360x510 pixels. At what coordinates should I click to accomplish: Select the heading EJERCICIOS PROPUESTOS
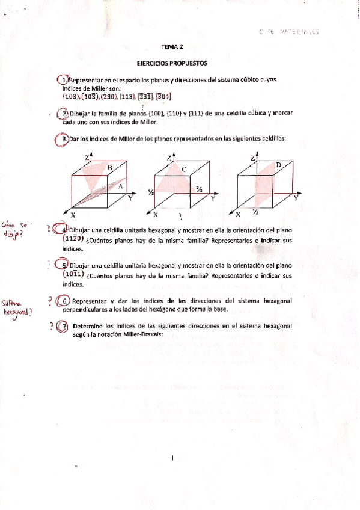pyautogui.click(x=172, y=62)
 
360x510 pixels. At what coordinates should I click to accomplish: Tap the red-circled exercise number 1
pyautogui.click(x=63, y=81)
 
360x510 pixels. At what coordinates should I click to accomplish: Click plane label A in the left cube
pyautogui.click(x=120, y=186)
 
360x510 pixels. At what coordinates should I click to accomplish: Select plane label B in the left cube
pyautogui.click(x=109, y=167)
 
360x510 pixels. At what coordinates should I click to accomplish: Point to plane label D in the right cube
pyautogui.click(x=278, y=164)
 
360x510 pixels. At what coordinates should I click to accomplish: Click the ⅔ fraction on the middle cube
pyautogui.click(x=198, y=188)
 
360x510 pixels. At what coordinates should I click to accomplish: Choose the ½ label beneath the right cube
pyautogui.click(x=255, y=212)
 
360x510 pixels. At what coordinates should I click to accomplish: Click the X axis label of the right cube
pyautogui.click(x=238, y=214)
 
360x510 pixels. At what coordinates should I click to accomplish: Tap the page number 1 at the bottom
pyautogui.click(x=172, y=458)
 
